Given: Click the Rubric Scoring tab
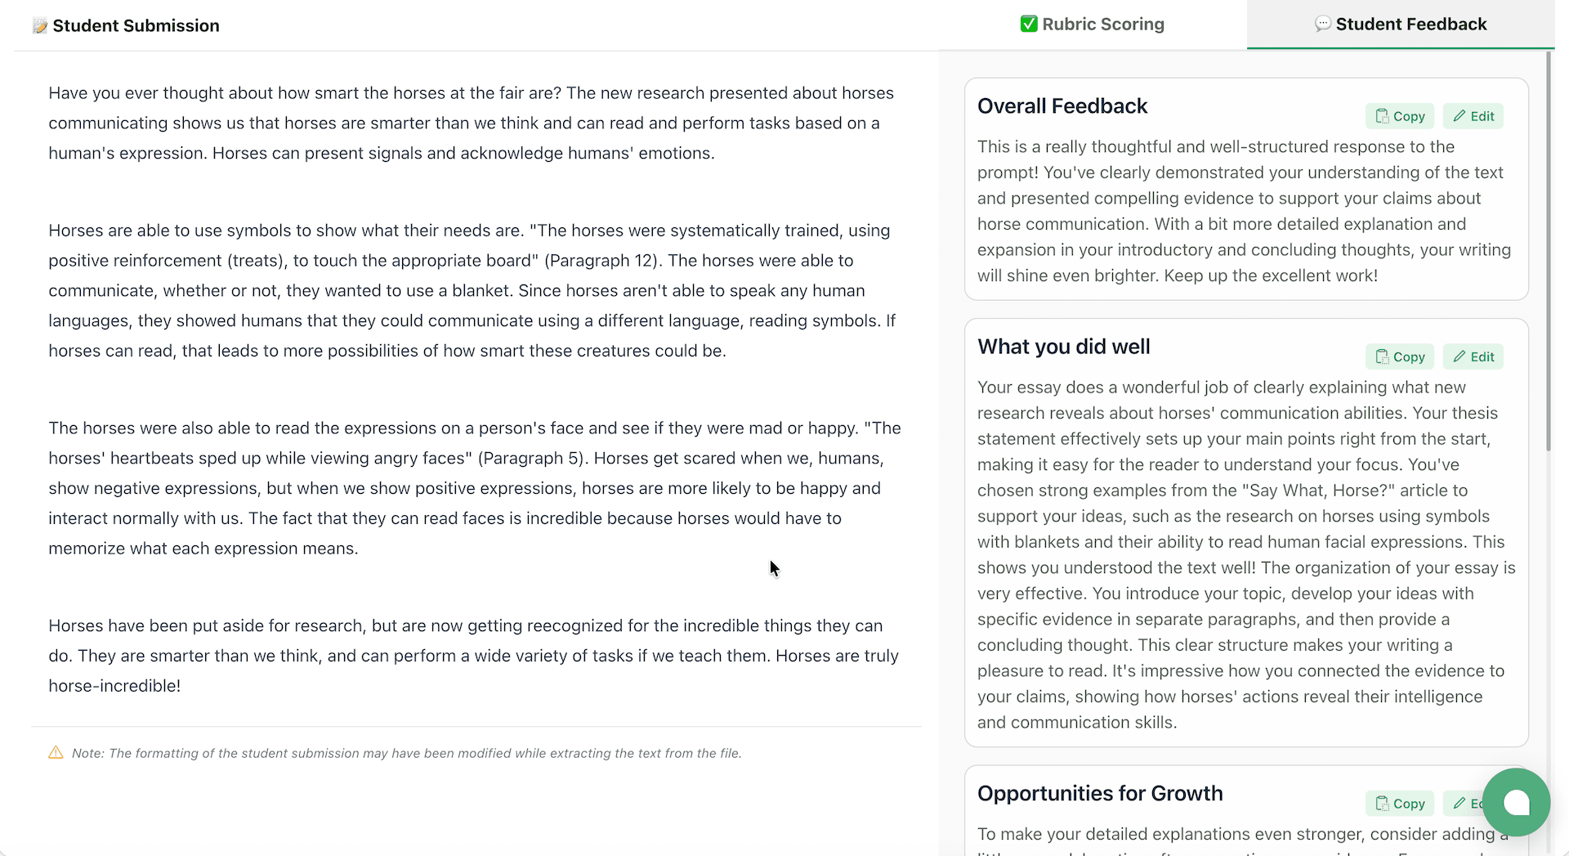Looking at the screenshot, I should (1093, 25).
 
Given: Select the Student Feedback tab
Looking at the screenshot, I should (1401, 25).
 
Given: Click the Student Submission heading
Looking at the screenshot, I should (136, 26).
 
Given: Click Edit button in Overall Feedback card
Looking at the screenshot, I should (1473, 116).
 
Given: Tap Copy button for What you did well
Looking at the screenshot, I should (1400, 356).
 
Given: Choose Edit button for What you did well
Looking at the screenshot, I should (1473, 356).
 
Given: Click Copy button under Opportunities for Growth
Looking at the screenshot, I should (1400, 804).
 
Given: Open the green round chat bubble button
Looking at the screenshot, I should (1516, 802).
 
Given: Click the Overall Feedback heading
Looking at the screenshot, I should (1062, 106).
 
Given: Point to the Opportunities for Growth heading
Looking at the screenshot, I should (1100, 794).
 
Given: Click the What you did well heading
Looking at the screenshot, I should (1063, 347).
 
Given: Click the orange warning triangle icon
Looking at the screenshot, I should (56, 752).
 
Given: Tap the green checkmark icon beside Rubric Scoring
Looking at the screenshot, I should (1029, 25).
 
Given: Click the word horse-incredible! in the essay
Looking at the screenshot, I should (114, 686).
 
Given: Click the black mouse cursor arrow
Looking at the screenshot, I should (774, 568).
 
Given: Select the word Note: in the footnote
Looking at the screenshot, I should (87, 754).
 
